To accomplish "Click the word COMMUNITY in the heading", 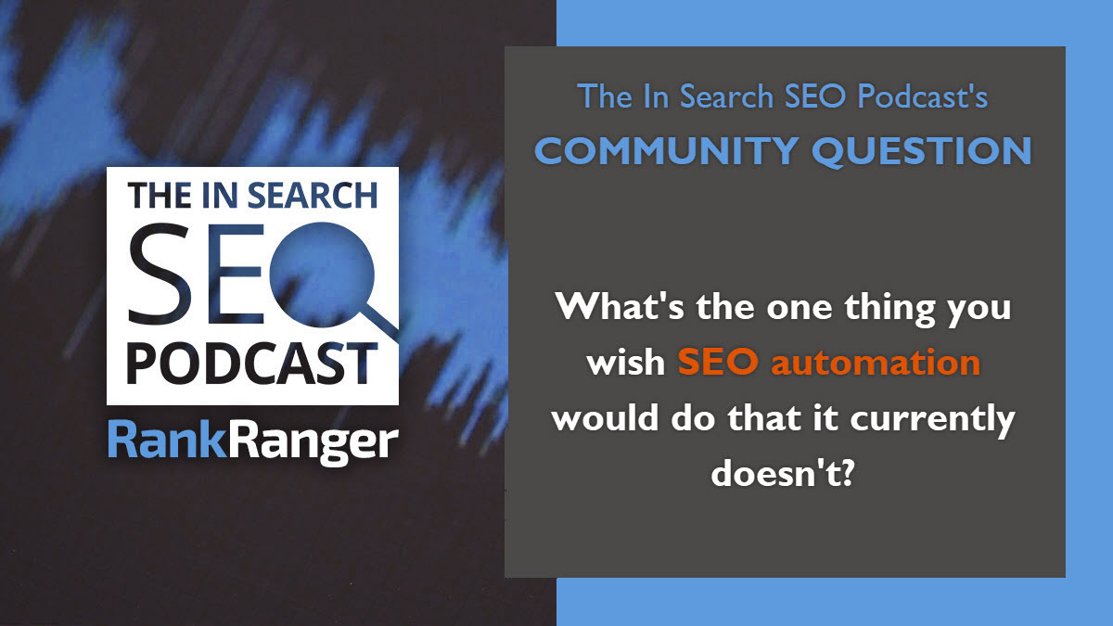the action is point(666,151).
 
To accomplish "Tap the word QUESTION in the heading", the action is point(922,151).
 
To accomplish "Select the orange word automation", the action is point(876,363).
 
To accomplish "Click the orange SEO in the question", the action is point(718,362).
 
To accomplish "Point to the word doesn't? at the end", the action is point(782,472).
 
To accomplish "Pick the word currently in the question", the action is point(932,419).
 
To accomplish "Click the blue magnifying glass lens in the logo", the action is point(322,275).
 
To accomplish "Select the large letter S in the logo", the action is point(160,274).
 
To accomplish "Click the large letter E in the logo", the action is point(235,275).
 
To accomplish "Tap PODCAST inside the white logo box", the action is point(252,364).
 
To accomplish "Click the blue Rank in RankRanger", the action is point(167,440).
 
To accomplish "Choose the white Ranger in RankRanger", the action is point(313,443).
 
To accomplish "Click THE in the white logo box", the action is point(159,196).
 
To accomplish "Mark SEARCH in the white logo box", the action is point(313,196).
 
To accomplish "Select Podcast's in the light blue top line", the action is point(923,96).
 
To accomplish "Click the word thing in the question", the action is point(890,308).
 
